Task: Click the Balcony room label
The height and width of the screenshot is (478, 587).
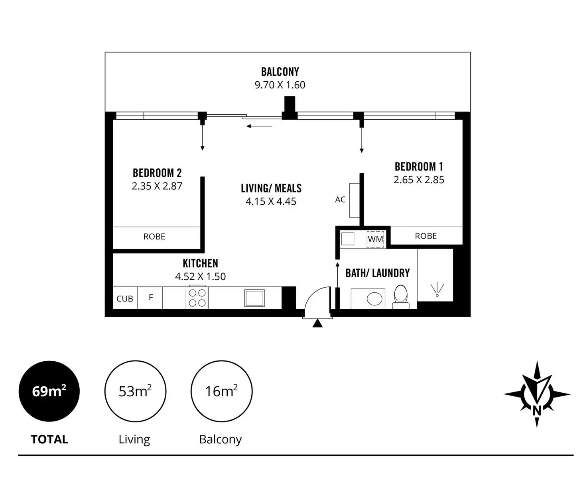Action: click(280, 72)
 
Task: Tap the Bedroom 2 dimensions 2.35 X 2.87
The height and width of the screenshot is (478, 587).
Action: click(157, 186)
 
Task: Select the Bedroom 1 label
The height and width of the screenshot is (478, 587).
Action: click(419, 167)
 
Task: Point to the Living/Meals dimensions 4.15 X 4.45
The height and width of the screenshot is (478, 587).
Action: click(271, 202)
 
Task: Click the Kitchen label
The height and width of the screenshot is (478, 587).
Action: click(200, 263)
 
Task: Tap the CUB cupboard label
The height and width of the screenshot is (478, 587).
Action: click(125, 299)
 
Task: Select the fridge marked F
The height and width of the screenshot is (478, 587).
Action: click(151, 297)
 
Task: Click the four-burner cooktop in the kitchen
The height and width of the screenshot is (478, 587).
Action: click(197, 298)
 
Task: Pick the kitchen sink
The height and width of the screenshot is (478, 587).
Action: click(254, 298)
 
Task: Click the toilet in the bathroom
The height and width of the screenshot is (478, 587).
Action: click(400, 297)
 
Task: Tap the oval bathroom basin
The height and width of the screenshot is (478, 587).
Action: click(374, 298)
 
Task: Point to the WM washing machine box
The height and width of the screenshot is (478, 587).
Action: click(375, 239)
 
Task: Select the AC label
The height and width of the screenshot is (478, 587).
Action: click(340, 200)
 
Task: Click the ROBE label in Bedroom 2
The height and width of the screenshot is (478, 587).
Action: click(154, 237)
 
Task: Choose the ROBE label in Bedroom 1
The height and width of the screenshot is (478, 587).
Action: click(426, 236)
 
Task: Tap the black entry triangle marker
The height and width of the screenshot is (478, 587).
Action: click(317, 323)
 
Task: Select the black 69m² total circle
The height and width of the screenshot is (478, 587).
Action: click(49, 391)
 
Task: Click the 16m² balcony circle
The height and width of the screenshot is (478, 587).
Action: click(221, 391)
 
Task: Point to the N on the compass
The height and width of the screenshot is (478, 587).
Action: click(537, 411)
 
